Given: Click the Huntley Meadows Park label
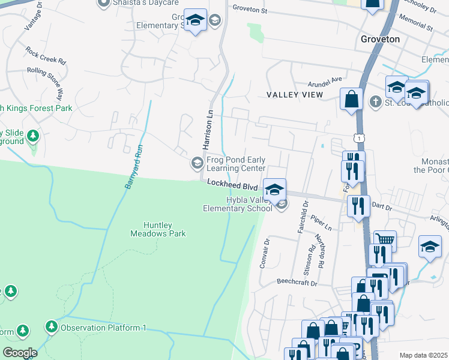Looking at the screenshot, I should pyautogui.click(x=158, y=229).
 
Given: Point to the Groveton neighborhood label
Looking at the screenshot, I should pyautogui.click(x=380, y=39).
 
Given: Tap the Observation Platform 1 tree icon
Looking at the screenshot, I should pyautogui.click(x=52, y=327).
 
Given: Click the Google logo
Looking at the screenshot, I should pyautogui.click(x=20, y=352).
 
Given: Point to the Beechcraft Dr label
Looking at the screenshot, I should pyautogui.click(x=296, y=281).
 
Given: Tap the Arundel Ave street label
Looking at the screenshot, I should pyautogui.click(x=324, y=79).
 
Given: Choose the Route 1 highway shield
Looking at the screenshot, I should pyautogui.click(x=359, y=139).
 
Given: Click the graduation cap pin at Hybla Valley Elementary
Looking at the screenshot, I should pyautogui.click(x=274, y=190).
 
